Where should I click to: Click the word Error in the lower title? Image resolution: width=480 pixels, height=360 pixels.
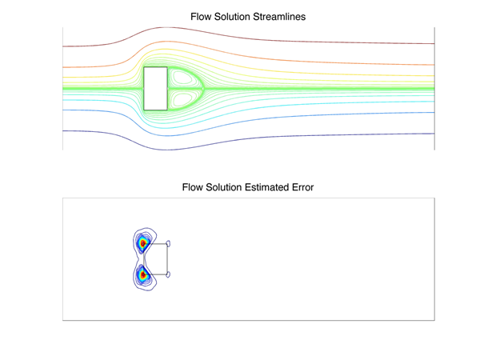coord(300,188)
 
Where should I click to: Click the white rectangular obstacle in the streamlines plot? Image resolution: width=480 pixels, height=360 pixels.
coord(155,88)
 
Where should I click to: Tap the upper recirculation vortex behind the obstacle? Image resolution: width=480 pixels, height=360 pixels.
coord(185,79)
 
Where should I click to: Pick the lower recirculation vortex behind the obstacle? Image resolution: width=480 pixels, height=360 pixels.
coord(185,98)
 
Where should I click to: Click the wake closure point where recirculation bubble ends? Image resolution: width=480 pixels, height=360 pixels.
coord(204,88)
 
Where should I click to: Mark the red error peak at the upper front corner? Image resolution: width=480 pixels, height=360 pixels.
coord(143,243)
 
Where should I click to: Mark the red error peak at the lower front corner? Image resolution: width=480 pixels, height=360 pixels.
coord(143,275)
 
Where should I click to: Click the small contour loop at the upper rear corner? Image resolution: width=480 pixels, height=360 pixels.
coord(169,243)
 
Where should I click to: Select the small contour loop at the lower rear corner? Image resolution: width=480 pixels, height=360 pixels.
coord(169,275)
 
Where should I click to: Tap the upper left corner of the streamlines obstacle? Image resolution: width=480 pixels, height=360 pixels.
coord(144,68)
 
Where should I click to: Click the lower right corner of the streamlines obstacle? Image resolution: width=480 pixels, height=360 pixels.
coord(167,110)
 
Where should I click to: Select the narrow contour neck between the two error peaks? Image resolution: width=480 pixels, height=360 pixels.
coord(143,259)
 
